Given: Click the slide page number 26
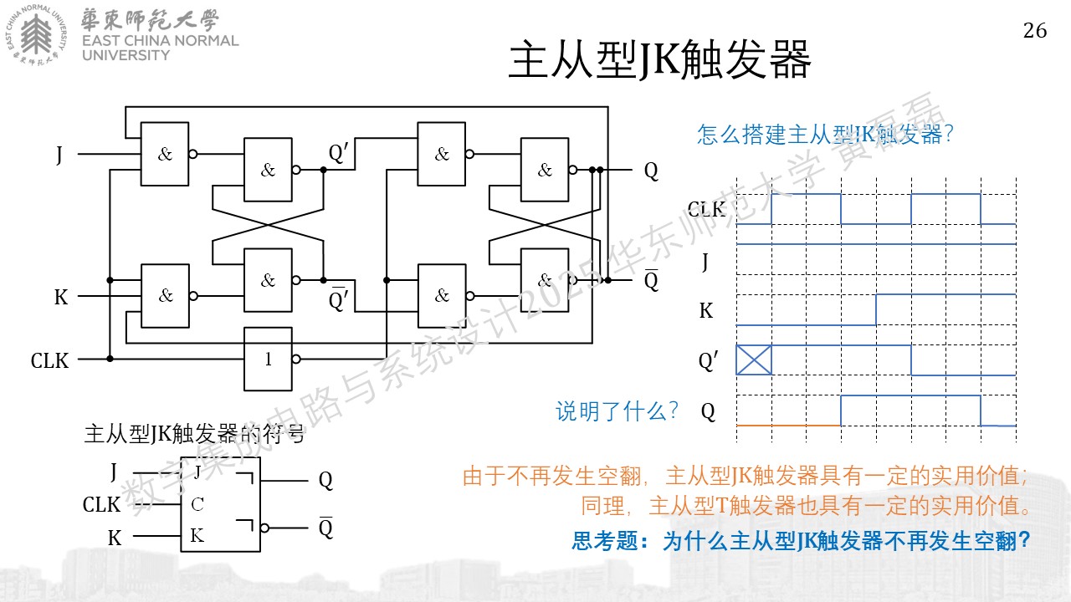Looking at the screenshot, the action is point(1035,31).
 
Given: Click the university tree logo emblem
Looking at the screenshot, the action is point(36,35).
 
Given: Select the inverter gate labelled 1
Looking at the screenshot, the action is point(269,359).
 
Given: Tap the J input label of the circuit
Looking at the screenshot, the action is point(59,155).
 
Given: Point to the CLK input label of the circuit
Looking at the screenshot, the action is point(49,360).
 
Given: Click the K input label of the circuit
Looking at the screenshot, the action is point(61,297).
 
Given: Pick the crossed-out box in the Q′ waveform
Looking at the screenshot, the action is point(754,360).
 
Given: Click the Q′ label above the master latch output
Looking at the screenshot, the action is point(339,153).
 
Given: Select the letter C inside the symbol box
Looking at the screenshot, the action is point(197,504).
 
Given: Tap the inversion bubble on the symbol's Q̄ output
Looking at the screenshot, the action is point(264,528).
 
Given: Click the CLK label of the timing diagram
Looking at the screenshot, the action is point(707,209).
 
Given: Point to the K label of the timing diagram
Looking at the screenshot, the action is point(706,310).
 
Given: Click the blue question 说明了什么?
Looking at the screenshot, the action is point(617,411).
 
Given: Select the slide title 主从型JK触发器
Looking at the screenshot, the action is point(660,59).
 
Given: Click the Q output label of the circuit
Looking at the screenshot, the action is point(651,171).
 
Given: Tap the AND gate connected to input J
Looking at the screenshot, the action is point(165,154).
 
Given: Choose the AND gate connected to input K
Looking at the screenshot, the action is point(165,296).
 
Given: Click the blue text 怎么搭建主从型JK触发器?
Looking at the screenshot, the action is point(825,135).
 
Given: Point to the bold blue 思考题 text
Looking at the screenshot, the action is point(604,541).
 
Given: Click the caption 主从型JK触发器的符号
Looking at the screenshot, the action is point(194,434).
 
